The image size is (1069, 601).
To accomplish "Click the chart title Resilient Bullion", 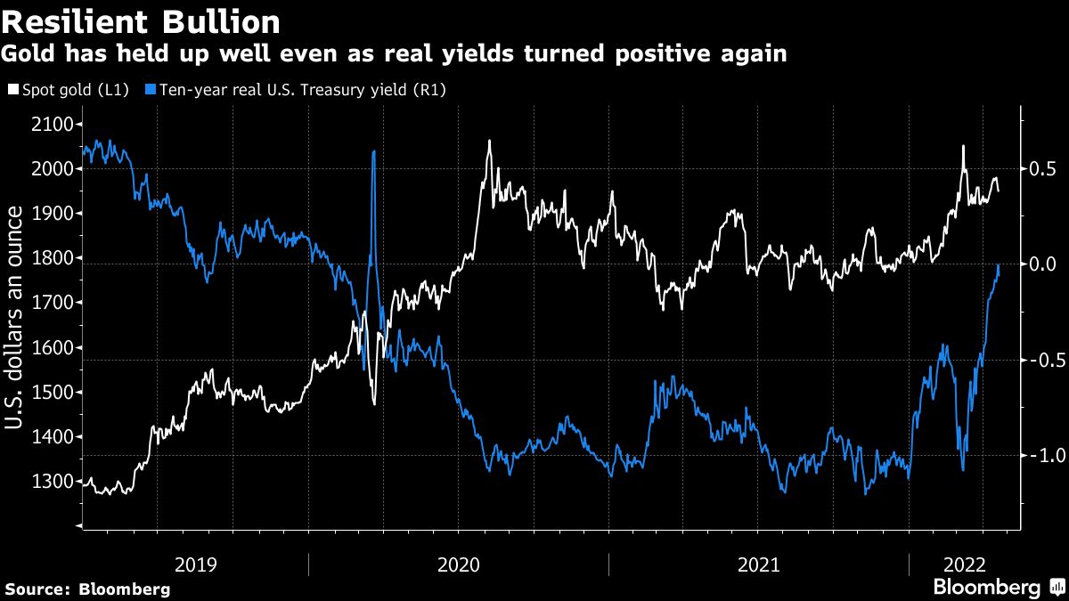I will [142, 21].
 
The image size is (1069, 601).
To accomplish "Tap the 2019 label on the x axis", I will [195, 564].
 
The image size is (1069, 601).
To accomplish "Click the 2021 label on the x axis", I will [758, 564].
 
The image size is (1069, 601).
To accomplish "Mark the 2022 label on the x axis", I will [964, 564].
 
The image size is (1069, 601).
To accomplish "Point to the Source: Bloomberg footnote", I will [87, 589].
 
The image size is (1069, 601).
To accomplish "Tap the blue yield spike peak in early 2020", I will [372, 151].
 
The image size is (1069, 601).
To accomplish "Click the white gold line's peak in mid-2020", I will [489, 141].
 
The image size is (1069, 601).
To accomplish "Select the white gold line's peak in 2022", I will [963, 146].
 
